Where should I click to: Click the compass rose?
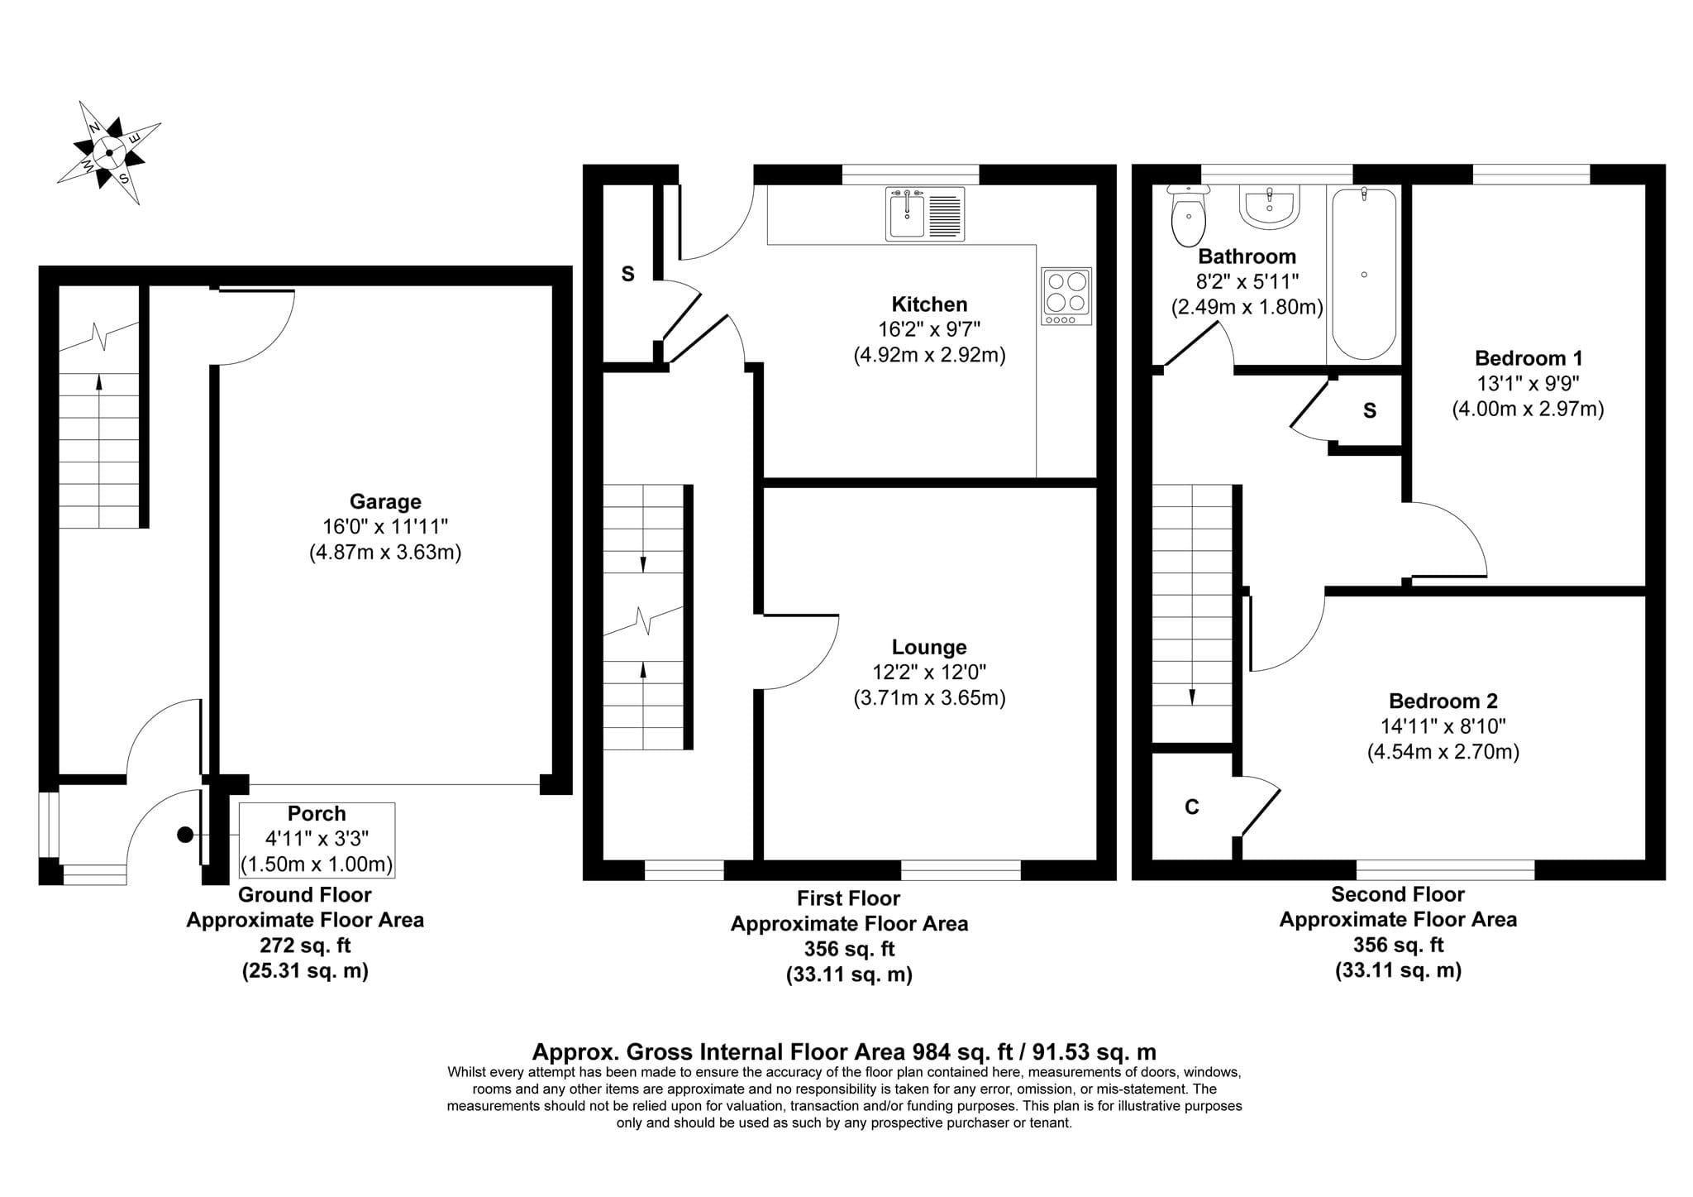click(x=109, y=152)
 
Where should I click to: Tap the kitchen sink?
click(x=925, y=213)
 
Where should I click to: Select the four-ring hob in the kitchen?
click(x=1066, y=296)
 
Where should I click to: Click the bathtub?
click(x=1364, y=273)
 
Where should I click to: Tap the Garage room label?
click(x=385, y=501)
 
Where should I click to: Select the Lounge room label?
click(x=929, y=647)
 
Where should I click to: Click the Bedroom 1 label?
click(x=1528, y=358)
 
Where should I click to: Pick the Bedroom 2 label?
click(x=1443, y=701)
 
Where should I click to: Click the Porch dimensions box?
click(x=317, y=840)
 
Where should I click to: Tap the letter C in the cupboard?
click(x=1191, y=807)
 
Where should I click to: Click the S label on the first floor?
click(x=627, y=274)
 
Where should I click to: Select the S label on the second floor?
click(x=1370, y=411)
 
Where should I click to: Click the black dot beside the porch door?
click(x=185, y=836)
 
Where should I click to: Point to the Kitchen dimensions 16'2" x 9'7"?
click(x=929, y=330)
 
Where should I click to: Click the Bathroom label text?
click(x=1247, y=256)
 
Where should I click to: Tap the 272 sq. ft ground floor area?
click(x=305, y=946)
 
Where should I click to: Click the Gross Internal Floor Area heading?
click(x=844, y=1051)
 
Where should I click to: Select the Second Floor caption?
click(x=1398, y=894)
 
